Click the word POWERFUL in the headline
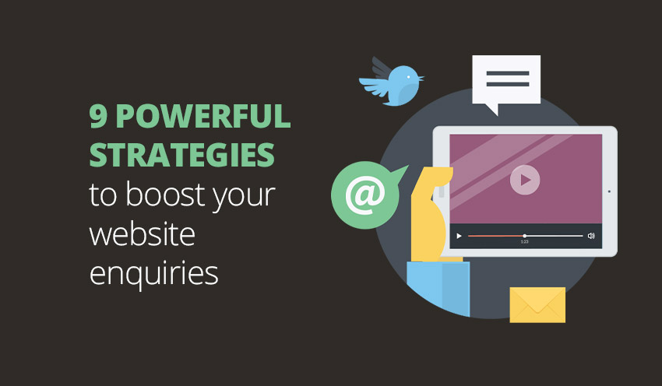(203, 116)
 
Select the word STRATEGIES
(182, 154)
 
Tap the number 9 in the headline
(98, 116)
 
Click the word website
(143, 233)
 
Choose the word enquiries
(153, 274)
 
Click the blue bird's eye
(408, 77)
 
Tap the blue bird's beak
(421, 78)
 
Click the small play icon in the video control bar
(459, 236)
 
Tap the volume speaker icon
(591, 236)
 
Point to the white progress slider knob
(524, 236)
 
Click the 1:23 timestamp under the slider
(524, 242)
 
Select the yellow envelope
(537, 305)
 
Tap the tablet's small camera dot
(609, 191)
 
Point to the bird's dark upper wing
(382, 68)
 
